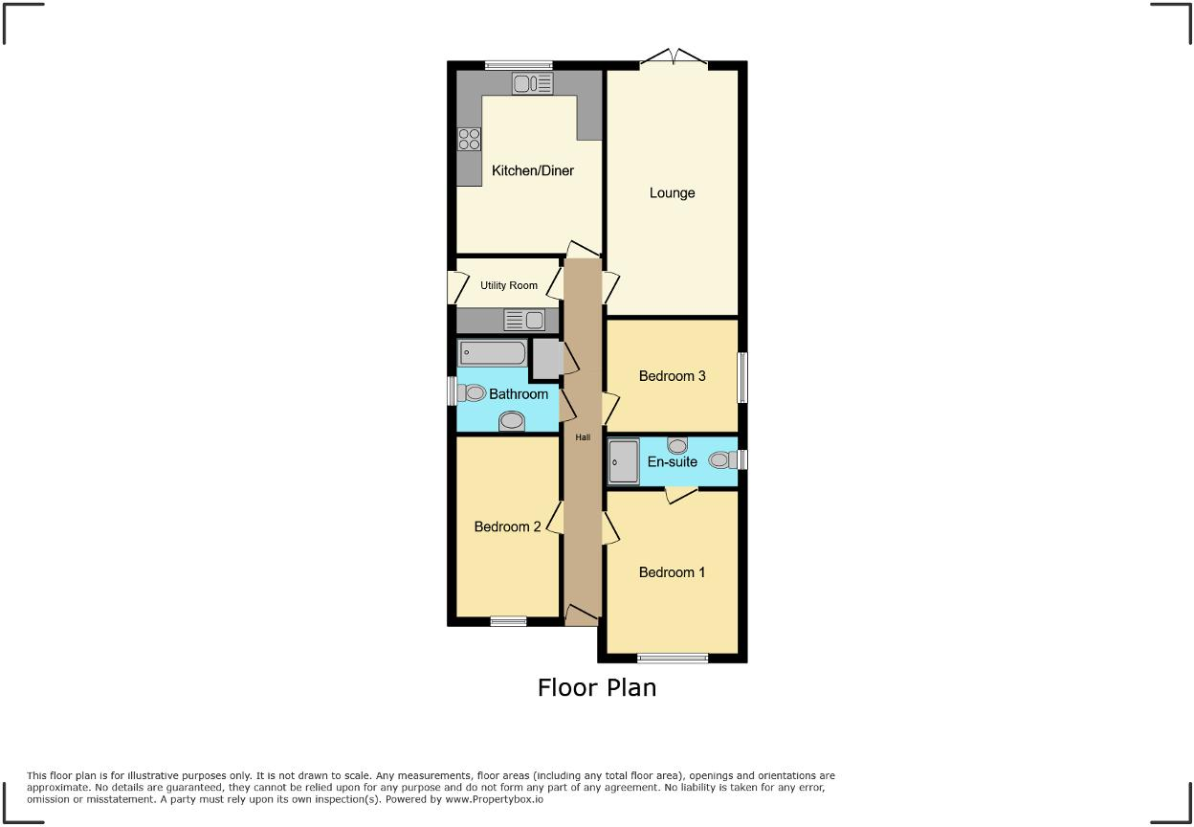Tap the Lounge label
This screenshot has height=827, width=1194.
(x=672, y=193)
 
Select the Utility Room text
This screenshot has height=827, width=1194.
(x=509, y=285)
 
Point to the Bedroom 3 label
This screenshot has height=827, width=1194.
(x=672, y=376)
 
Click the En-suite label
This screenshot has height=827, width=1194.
(x=672, y=462)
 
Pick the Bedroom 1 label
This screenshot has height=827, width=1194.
(x=672, y=572)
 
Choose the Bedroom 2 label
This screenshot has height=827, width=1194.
(x=508, y=527)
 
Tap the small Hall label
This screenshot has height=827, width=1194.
(x=583, y=437)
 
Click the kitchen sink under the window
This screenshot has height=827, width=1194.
(x=533, y=84)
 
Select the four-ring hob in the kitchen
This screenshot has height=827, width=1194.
(x=469, y=139)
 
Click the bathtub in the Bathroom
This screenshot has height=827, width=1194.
(x=493, y=353)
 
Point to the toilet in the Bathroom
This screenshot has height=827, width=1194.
(x=471, y=392)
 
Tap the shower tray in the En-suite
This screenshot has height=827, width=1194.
(x=624, y=461)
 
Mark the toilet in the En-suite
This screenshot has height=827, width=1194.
(x=723, y=460)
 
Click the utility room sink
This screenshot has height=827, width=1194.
(x=524, y=320)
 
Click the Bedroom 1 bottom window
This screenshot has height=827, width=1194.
(x=673, y=658)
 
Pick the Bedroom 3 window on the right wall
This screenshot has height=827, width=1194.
(x=742, y=377)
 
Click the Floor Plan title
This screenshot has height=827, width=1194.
(x=597, y=687)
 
